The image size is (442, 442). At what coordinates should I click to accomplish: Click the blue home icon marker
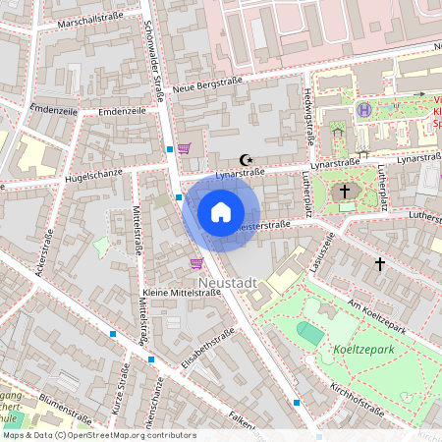tap(221, 212)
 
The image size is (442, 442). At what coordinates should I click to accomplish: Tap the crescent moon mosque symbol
tap(246, 159)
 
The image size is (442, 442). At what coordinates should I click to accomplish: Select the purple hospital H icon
tap(363, 110)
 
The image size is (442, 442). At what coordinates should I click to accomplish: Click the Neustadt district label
tap(228, 283)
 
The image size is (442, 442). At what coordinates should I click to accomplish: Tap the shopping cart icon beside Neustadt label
tap(196, 262)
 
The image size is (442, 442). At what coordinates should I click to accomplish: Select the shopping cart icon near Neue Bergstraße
tap(184, 148)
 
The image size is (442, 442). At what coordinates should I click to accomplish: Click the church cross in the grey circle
tap(345, 193)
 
